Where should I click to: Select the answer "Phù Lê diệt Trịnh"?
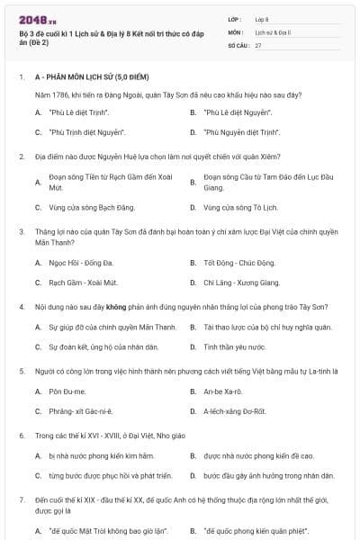coord(78,112)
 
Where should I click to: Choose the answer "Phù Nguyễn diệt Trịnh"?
coord(236,132)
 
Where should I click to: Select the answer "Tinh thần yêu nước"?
coord(232,346)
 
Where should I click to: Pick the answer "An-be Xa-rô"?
coord(224,391)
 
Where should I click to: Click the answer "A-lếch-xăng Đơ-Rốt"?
coord(237,411)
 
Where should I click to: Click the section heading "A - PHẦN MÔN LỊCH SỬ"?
coord(90,78)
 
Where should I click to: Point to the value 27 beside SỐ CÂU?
coord(258,44)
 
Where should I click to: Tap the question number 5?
coord(22,371)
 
